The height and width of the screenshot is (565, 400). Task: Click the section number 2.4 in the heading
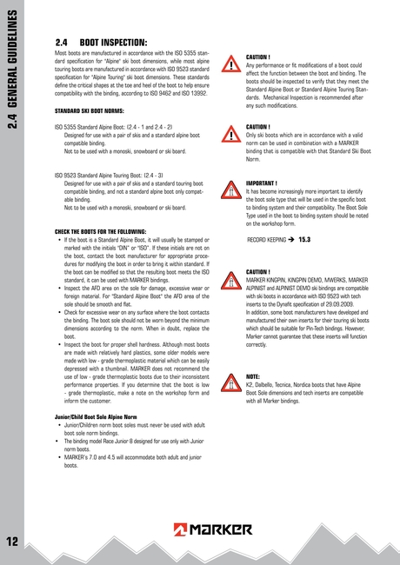(x=62, y=41)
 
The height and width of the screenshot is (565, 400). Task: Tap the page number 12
(x=12, y=542)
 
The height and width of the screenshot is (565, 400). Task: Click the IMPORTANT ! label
(x=262, y=183)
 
